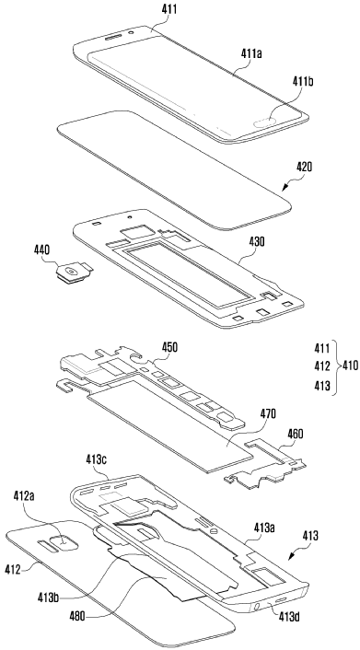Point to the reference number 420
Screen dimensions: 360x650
pos(304,167)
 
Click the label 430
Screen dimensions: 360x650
pos(257,241)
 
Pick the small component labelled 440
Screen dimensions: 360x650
pos(74,274)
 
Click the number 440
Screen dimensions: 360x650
pos(42,250)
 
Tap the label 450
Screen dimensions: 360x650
pos(169,346)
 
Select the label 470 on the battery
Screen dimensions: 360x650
pos(268,413)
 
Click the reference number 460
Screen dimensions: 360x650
pos(295,434)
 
